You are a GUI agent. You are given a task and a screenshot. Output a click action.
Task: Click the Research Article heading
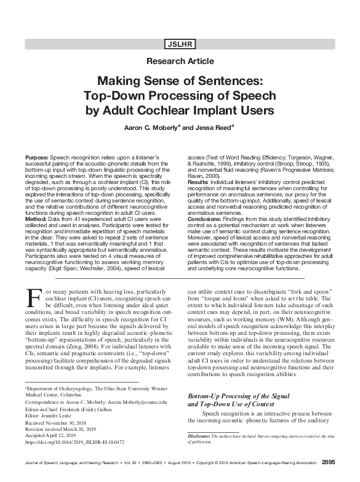click(180, 62)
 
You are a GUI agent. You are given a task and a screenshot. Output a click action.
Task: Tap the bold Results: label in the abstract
click(200, 182)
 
